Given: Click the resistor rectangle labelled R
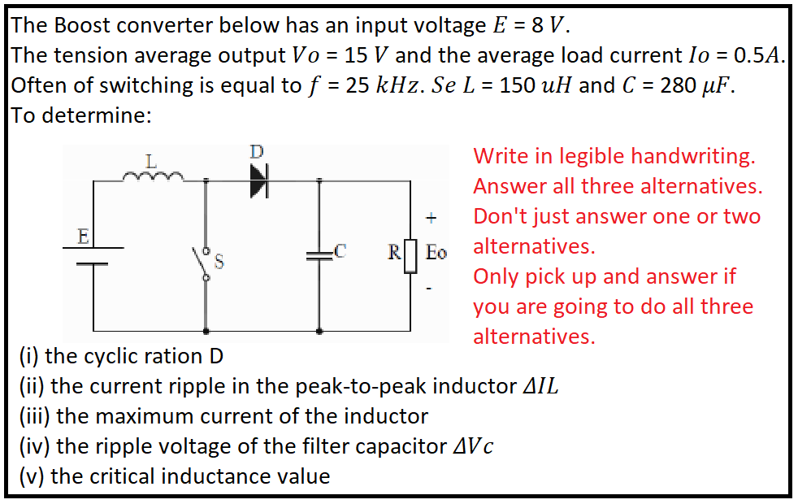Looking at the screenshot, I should pos(410,253).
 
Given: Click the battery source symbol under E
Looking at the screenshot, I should pos(93,255).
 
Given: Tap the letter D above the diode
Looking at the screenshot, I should pos(257,152).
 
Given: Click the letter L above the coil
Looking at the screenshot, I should pos(150,160).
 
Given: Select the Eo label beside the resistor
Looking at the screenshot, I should pos(436,253).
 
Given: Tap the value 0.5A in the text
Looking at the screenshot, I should pos(759,55).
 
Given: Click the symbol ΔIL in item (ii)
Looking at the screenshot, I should pos(539,386).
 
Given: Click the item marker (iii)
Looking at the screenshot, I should pos(34,416).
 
